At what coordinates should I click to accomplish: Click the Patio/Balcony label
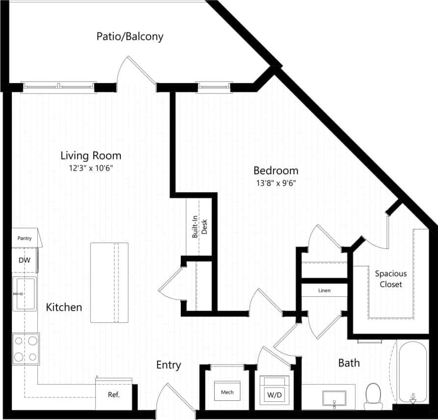[130, 36]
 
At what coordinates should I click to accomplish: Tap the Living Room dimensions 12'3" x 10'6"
[90, 168]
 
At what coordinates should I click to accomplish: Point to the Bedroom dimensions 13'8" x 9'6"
[275, 183]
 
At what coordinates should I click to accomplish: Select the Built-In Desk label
[199, 228]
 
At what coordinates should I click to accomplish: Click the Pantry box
[25, 239]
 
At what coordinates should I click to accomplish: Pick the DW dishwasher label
[24, 260]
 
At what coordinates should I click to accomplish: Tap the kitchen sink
[25, 294]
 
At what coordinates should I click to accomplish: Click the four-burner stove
[26, 349]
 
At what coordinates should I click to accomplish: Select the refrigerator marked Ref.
[114, 394]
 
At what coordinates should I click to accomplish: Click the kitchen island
[109, 282]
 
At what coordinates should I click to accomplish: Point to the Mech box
[227, 392]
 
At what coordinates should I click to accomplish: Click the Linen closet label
[324, 290]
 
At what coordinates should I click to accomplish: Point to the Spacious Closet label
[391, 279]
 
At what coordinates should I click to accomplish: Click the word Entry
[168, 365]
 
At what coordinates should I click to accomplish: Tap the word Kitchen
[64, 308]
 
